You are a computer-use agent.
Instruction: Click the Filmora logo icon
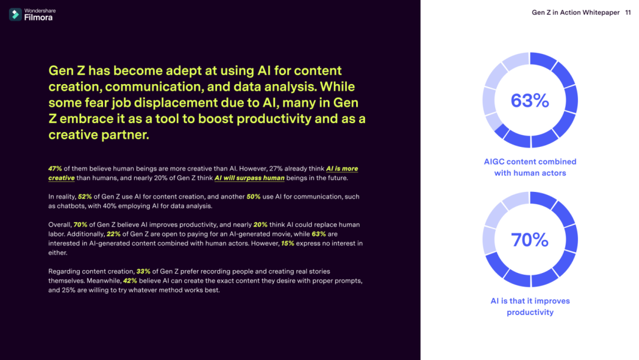[15, 15]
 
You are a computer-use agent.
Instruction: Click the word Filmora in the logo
[38, 18]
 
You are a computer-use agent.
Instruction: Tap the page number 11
[628, 12]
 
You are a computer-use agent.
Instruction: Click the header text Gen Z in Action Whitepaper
[576, 12]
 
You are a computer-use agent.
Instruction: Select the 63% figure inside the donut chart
[530, 100]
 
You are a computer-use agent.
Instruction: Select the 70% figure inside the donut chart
[530, 240]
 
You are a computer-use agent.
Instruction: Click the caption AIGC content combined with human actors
[530, 167]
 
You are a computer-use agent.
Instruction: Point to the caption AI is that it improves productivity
[530, 307]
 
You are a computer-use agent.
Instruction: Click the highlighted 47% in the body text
[55, 168]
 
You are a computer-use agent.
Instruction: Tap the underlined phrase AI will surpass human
[250, 178]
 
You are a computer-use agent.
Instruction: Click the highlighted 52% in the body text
[85, 197]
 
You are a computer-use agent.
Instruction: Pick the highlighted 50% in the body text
[253, 197]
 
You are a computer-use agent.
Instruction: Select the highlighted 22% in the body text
[113, 234]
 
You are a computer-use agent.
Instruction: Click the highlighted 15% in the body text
[288, 243]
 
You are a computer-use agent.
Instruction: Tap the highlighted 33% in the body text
[143, 272]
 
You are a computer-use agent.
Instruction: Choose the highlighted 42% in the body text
[130, 281]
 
